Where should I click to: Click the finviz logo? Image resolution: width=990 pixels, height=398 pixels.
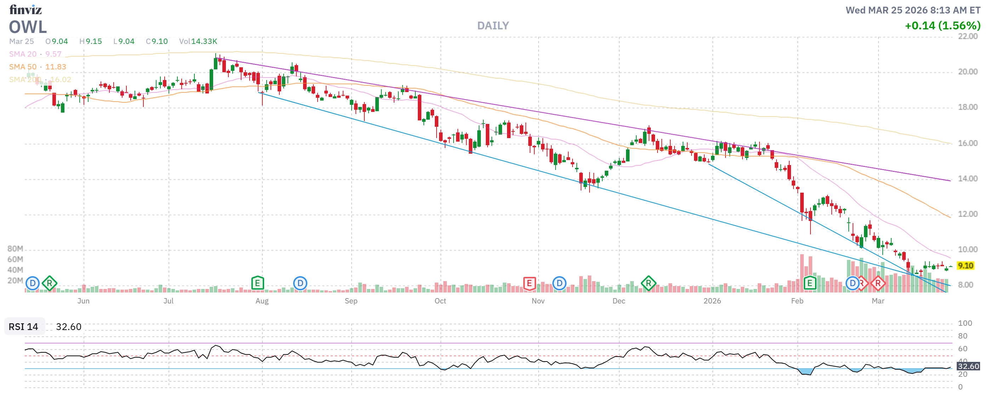coord(25,9)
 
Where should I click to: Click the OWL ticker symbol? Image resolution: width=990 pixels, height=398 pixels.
coord(28,27)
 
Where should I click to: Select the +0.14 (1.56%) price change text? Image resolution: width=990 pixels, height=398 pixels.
coord(942,26)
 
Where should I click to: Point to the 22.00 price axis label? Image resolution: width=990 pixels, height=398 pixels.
coord(967,36)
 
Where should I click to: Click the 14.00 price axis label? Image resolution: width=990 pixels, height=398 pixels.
coord(967,178)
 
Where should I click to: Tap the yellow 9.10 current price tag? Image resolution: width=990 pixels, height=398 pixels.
coord(965,266)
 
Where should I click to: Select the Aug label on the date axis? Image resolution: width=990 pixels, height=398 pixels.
coord(262,301)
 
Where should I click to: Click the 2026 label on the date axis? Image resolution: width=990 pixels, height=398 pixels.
coord(712,301)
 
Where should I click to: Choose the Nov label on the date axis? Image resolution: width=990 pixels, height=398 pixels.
coord(538,301)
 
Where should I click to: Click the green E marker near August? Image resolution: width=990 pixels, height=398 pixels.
coord(257,284)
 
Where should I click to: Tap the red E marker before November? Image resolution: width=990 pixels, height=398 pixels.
coord(529,284)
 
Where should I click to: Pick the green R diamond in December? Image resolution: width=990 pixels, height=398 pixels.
coord(648,284)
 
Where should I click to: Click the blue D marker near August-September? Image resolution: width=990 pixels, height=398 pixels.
coord(300,284)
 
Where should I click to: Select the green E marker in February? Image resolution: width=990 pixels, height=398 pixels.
coord(810,284)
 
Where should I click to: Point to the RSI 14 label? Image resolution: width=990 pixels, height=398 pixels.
coord(23,327)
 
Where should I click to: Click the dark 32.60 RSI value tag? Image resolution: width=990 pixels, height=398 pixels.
coord(968,366)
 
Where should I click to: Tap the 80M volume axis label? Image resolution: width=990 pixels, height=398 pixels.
coord(15,249)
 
